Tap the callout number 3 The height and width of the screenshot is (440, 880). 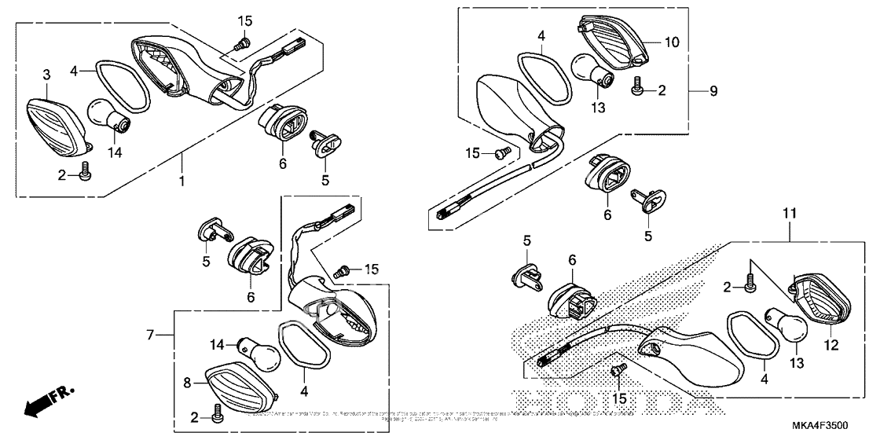point(46,75)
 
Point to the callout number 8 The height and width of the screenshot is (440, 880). point(188,383)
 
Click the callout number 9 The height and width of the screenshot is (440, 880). point(713,91)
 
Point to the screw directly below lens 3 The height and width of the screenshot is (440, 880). point(86,170)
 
